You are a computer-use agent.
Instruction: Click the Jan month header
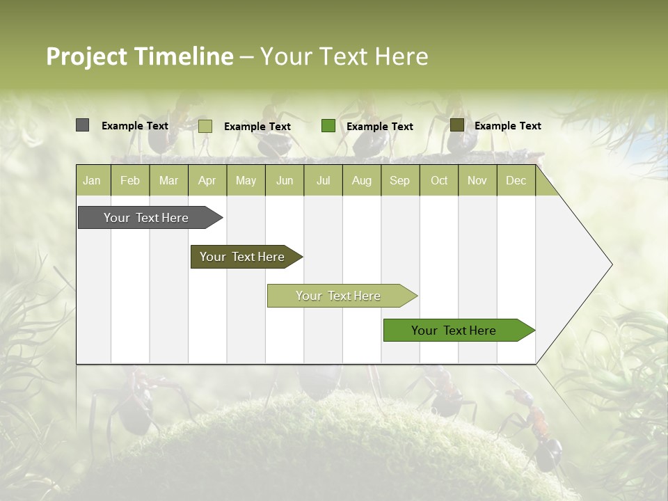92,180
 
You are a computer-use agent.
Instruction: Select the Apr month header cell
207,180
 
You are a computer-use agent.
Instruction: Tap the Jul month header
323,180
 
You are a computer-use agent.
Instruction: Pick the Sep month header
399,180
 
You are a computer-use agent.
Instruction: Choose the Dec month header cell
516,180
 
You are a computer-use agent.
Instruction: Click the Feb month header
130,180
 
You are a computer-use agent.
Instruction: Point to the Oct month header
438,180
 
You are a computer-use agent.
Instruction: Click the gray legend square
82,125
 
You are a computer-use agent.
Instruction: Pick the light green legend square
205,126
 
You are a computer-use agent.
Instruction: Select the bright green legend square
328,126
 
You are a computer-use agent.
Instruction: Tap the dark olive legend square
456,125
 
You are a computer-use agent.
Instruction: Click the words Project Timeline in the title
139,56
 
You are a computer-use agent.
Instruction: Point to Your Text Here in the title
344,56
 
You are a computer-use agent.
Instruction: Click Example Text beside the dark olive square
507,126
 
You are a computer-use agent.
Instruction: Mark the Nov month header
477,180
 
